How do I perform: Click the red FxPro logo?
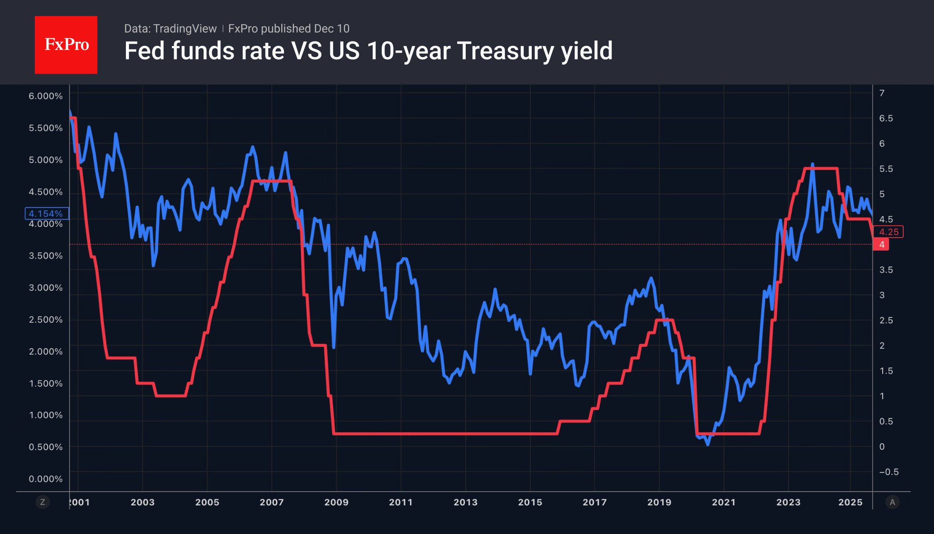[x=66, y=45]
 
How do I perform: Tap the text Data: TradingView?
[x=170, y=29]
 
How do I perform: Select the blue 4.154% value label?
[x=46, y=213]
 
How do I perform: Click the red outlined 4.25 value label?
[x=888, y=232]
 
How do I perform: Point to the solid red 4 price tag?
[x=881, y=244]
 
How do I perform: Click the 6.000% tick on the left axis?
[x=46, y=96]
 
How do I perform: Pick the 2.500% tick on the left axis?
[x=46, y=320]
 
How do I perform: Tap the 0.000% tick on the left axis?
[x=46, y=479]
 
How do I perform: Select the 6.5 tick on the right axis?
[x=886, y=118]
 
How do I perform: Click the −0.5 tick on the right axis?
[x=888, y=472]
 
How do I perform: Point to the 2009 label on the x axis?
[x=336, y=502]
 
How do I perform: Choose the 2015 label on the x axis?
[x=530, y=502]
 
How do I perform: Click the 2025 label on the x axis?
[x=850, y=502]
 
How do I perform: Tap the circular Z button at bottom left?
[x=43, y=502]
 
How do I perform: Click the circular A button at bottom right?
[x=892, y=502]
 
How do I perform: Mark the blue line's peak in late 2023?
[x=813, y=164]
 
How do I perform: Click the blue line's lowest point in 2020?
[x=708, y=444]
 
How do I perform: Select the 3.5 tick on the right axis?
[x=886, y=270]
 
